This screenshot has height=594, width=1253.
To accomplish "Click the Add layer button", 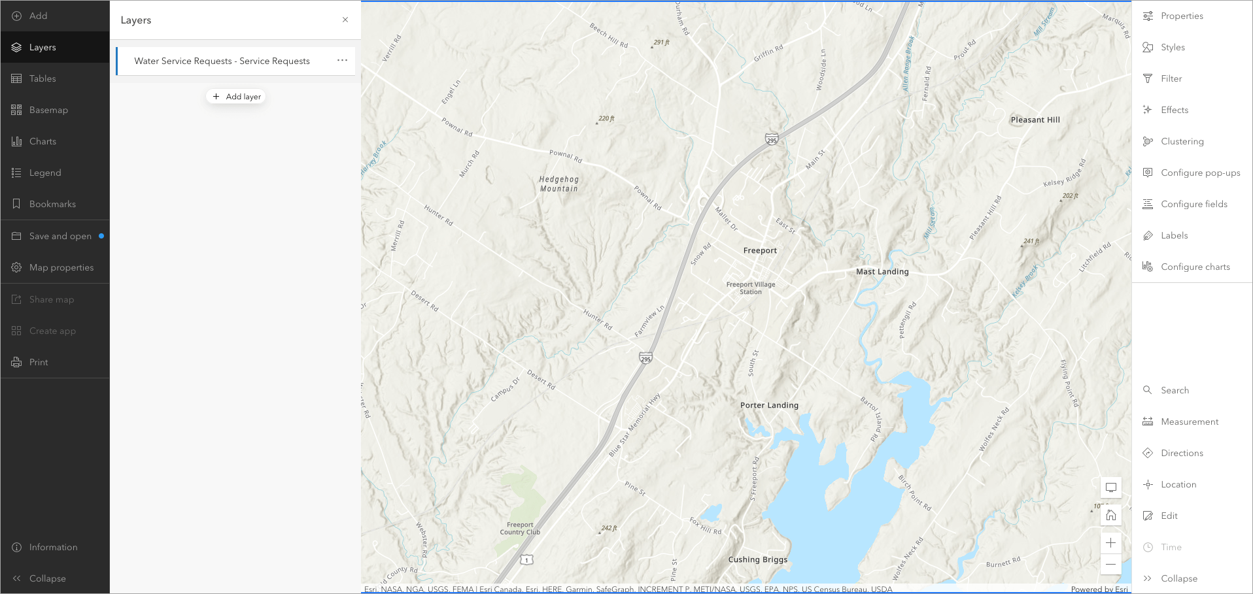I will (236, 97).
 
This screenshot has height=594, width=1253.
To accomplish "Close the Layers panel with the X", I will (345, 20).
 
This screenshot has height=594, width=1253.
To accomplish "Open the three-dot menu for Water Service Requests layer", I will (342, 60).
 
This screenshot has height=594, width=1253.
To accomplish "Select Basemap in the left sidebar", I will (48, 110).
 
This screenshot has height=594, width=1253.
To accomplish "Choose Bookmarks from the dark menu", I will (52, 204).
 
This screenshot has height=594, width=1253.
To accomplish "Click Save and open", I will (60, 236).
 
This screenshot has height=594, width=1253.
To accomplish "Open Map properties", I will (61, 267).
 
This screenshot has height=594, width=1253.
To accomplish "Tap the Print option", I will (39, 362).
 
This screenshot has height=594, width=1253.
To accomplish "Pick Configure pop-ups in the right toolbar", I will (1200, 173).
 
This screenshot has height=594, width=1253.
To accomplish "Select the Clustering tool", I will (1182, 141).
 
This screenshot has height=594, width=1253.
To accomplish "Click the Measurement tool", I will (1189, 421).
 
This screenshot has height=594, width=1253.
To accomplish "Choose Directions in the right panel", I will (1182, 453).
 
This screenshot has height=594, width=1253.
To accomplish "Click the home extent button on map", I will (1110, 515).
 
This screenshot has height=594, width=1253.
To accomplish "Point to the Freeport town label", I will (760, 250).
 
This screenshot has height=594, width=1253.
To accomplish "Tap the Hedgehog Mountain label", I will (559, 184).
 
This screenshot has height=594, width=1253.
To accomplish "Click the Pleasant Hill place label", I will (1035, 120).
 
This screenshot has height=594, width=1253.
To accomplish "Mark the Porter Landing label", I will (769, 405).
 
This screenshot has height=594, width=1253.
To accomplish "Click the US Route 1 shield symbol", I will (526, 560).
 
